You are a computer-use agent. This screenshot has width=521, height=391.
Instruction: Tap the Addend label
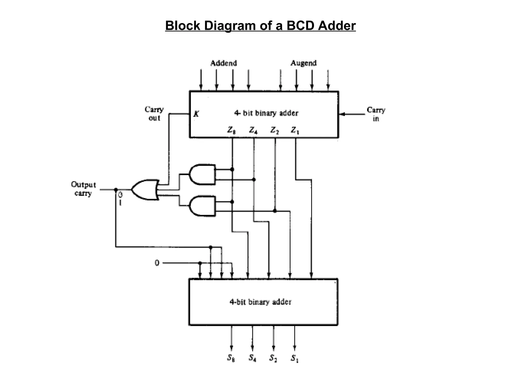tap(224, 63)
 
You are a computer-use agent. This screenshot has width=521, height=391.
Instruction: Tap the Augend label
tap(303, 63)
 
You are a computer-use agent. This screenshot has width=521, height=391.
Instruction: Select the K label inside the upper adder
tap(196, 114)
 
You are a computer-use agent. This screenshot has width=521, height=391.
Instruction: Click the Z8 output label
tap(231, 131)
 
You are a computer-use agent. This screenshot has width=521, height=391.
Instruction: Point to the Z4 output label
tap(253, 131)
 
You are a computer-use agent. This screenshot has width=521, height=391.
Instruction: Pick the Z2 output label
tap(274, 131)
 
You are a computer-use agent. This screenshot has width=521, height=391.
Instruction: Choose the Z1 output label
tap(295, 131)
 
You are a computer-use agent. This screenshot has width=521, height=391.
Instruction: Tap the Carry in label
tap(376, 114)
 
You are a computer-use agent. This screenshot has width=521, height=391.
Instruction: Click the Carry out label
tap(154, 114)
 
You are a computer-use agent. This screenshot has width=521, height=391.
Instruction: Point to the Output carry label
tap(83, 189)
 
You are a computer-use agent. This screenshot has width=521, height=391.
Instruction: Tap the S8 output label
tap(231, 358)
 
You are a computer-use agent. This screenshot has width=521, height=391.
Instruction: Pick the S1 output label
tap(295, 358)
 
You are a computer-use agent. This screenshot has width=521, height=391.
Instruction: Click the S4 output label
tap(252, 358)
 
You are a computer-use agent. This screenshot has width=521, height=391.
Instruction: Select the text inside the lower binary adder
tap(260, 302)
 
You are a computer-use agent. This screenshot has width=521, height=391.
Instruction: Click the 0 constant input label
tap(157, 263)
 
